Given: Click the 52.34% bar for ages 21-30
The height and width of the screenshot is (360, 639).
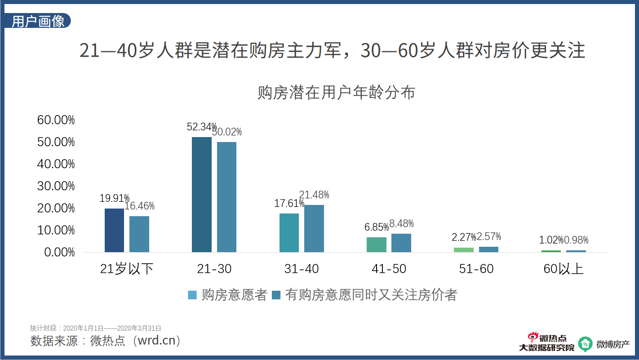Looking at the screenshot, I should [x=201, y=194].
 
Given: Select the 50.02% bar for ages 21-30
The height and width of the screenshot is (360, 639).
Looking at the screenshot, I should [x=226, y=197].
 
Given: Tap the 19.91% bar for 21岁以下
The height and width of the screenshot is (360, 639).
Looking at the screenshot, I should [x=114, y=230].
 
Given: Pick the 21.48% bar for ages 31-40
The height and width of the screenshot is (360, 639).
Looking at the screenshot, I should [x=314, y=228].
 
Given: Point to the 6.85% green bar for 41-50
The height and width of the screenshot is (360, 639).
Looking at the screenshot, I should [x=376, y=244].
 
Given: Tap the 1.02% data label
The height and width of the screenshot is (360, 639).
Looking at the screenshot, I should [x=551, y=240].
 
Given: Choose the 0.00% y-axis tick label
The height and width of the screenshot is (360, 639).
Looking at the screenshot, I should [x=60, y=252].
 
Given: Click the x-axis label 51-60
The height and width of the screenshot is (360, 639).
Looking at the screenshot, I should [x=476, y=269].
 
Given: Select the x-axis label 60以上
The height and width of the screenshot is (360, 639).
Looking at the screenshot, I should [x=563, y=269].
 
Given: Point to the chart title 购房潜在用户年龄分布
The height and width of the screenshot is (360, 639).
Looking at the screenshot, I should [x=336, y=93].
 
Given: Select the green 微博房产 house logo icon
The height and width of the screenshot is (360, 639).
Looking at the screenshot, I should [x=585, y=344].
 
